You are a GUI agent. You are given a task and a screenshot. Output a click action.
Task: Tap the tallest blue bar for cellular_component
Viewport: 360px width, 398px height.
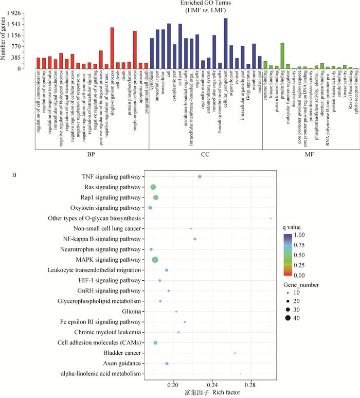[225, 43]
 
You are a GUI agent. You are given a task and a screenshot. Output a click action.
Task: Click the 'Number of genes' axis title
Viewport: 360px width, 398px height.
[6, 40]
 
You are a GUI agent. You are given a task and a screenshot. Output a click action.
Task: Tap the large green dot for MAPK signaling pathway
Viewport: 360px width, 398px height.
[155, 260]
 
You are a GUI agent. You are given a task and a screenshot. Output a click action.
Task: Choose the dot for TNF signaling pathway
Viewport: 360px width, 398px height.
[200, 177]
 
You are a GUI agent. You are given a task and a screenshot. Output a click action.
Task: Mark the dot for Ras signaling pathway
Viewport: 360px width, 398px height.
[153, 187]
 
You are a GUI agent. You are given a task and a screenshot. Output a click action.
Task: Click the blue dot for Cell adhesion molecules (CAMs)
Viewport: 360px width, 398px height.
[155, 342]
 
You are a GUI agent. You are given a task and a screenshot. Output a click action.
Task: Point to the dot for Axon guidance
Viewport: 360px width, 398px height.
[167, 363]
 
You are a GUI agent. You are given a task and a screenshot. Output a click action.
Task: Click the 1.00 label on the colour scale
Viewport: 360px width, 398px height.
[303, 235]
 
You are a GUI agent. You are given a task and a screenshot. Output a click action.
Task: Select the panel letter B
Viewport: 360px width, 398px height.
[14, 174]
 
